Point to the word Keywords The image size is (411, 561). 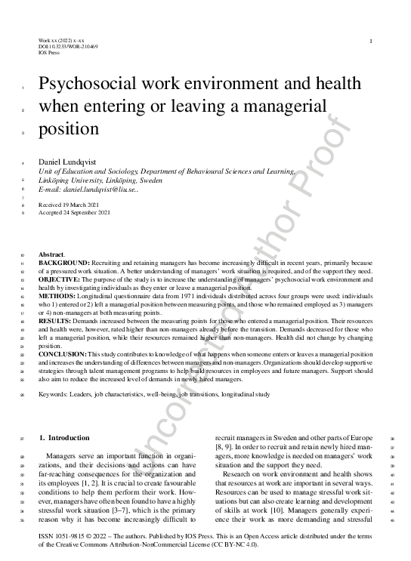[x=54, y=394]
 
